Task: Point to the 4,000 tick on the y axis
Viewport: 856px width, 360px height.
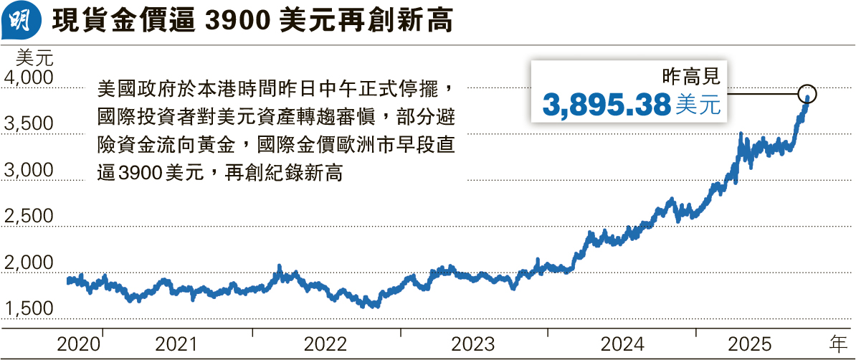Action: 29,77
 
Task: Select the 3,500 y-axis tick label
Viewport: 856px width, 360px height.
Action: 29,124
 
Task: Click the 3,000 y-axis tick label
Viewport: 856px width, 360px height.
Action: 29,171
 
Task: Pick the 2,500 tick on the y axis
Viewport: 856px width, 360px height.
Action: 29,217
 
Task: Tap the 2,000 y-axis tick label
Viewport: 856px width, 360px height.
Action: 29,262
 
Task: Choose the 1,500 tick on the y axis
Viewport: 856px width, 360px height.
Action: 29,308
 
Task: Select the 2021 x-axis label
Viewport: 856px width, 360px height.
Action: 176,344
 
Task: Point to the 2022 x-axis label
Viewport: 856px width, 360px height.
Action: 325,344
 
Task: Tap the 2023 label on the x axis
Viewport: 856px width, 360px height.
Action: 473,344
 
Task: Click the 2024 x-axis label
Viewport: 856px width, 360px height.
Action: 621,344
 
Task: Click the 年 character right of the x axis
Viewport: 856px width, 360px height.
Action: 837,344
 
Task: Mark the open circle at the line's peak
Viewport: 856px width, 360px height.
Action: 807,93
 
